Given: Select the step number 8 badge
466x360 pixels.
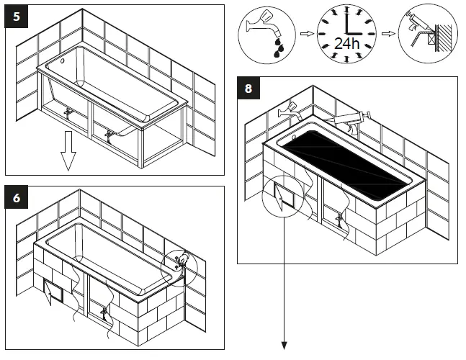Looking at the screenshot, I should [x=248, y=89].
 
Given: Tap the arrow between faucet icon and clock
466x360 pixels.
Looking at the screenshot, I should [x=306, y=34].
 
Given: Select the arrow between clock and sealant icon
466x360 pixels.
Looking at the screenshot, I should [x=388, y=34].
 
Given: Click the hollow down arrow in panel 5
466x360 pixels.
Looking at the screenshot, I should [x=68, y=157].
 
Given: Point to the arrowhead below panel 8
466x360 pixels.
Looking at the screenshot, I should [x=285, y=346].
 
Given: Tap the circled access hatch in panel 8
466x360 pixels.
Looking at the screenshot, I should [x=283, y=195].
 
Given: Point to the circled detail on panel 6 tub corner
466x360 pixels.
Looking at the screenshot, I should [x=180, y=262].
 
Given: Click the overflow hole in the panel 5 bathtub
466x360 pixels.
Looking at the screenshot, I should [x=62, y=62].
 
